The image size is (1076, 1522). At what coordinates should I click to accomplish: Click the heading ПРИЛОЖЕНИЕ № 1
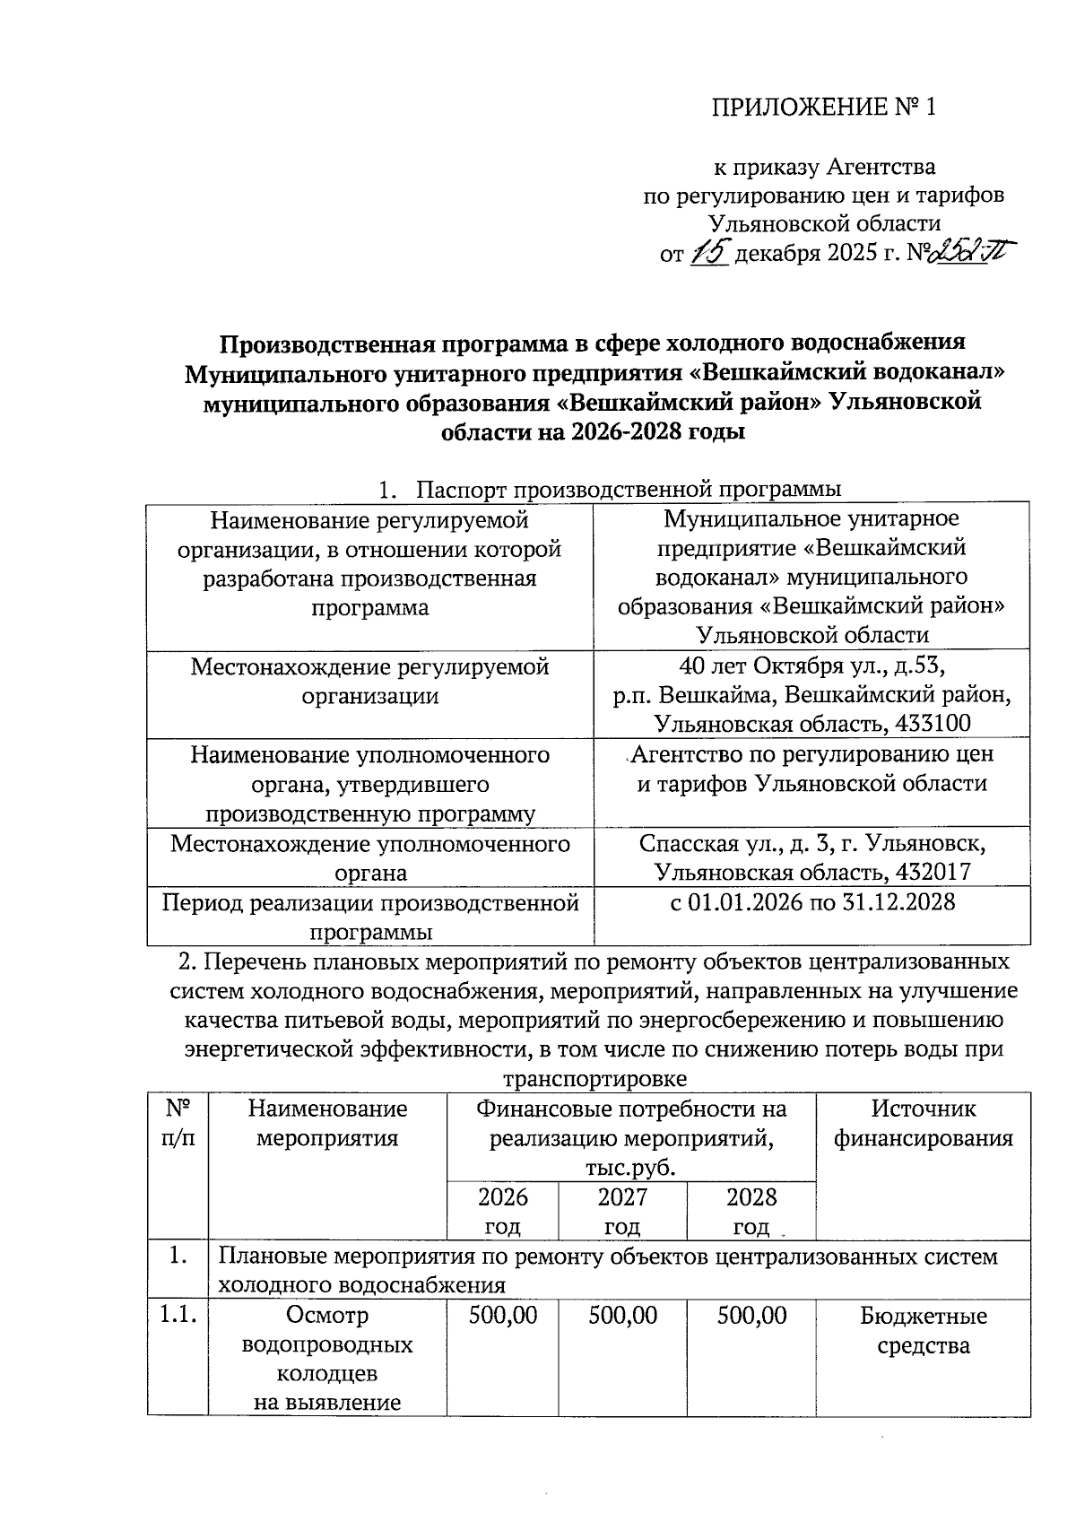823,109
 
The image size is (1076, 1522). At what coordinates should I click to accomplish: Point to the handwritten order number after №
971,254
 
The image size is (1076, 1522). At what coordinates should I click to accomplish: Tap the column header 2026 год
502,1212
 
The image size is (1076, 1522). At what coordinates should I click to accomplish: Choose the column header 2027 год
622,1212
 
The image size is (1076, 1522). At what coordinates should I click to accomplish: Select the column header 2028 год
751,1212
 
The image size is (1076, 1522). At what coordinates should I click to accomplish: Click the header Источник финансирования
924,1124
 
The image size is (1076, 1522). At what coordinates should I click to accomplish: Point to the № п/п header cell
177,1124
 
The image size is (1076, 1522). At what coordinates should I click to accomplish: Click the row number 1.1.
177,1317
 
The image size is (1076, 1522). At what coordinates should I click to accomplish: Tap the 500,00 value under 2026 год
503,1317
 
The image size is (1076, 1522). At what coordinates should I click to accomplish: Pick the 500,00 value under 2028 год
751,1317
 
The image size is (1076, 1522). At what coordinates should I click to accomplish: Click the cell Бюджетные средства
924,1331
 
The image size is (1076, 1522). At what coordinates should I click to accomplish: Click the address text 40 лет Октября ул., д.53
814,666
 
